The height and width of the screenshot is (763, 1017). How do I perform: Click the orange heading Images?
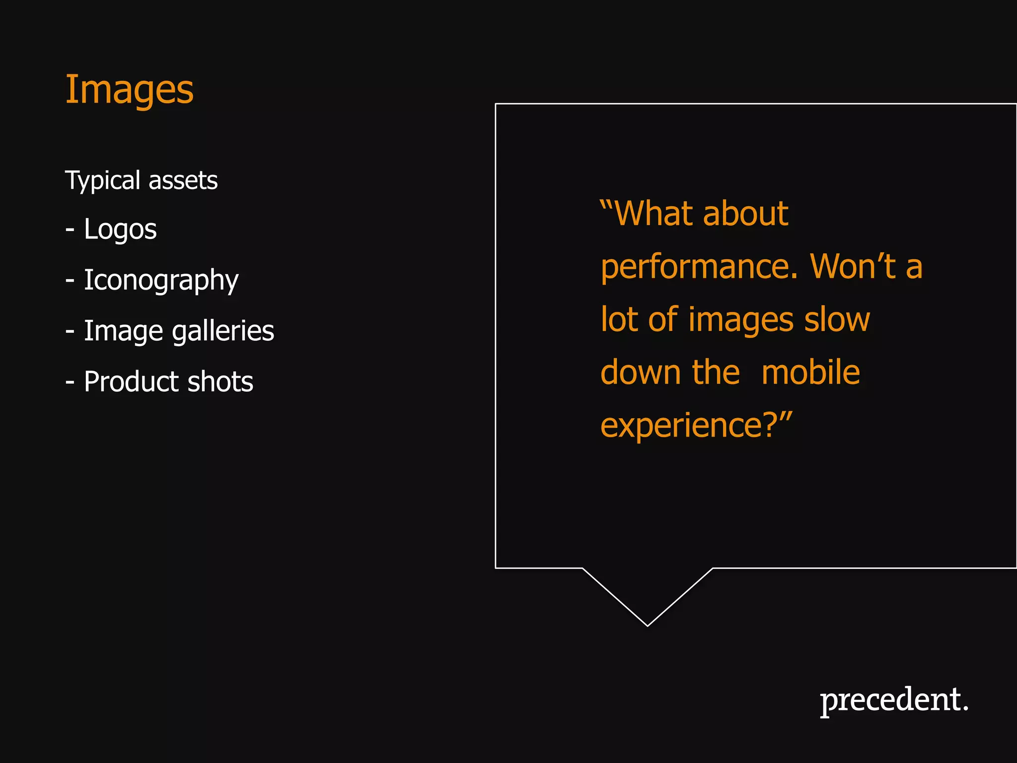(x=129, y=90)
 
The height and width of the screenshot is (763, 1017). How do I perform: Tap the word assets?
(x=183, y=180)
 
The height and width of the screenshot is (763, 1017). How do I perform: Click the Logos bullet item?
(x=120, y=229)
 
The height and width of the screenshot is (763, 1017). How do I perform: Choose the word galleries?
(x=223, y=331)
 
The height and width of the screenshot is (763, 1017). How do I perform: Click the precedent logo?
(x=894, y=700)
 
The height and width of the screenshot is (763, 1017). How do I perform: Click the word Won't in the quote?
(x=853, y=266)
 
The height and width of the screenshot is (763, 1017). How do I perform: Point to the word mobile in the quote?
(x=810, y=372)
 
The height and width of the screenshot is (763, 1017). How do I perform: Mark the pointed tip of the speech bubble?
(x=648, y=625)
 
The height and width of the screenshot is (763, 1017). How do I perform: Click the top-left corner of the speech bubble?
(x=496, y=104)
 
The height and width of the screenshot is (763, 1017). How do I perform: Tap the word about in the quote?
(x=745, y=214)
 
